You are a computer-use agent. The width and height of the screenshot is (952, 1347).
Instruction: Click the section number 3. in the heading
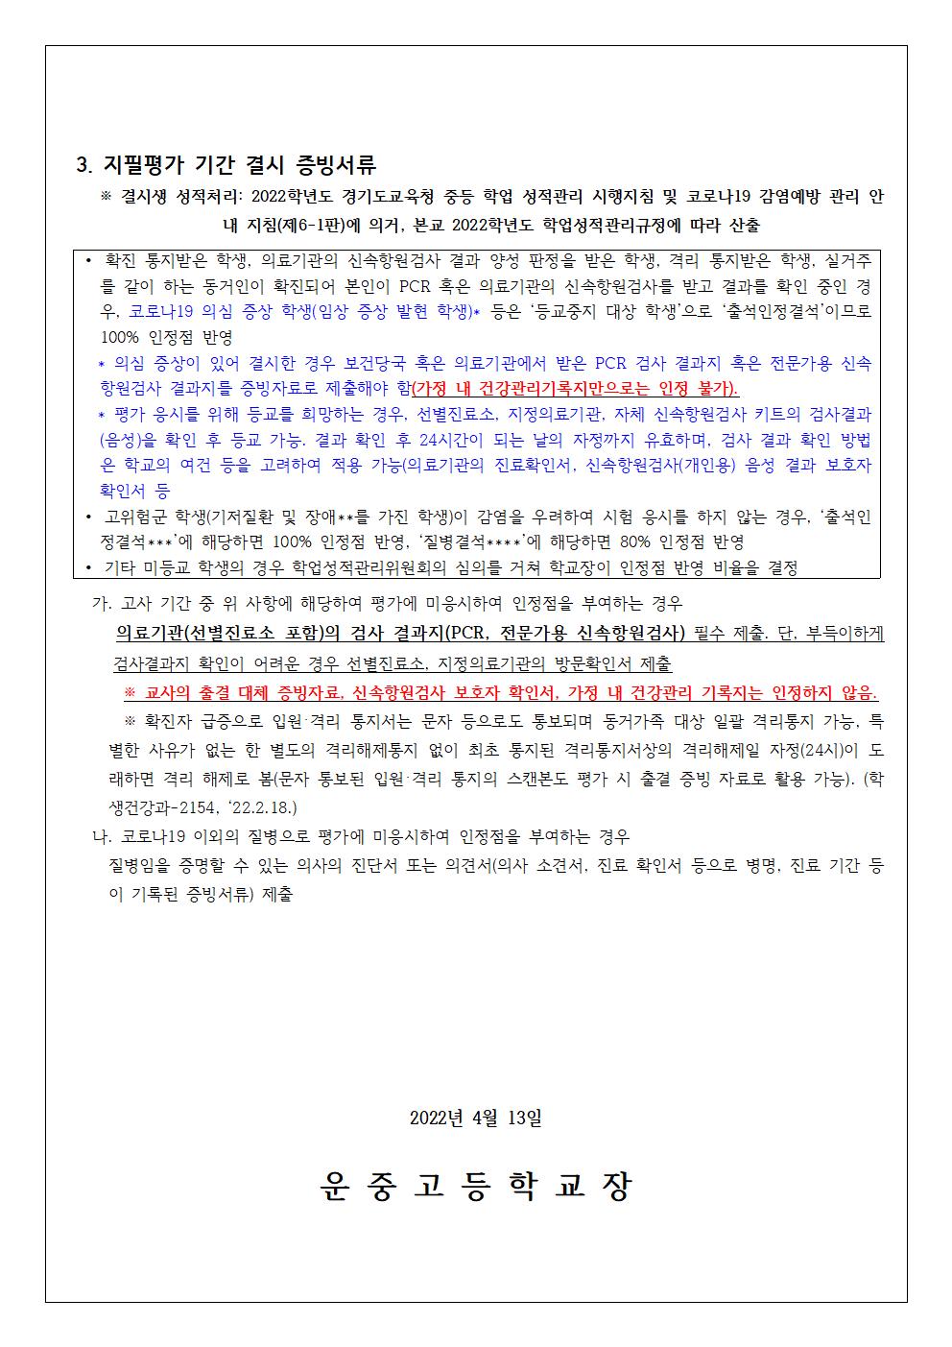pos(83,164)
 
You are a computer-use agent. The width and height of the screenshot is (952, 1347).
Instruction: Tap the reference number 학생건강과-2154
pos(155,807)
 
